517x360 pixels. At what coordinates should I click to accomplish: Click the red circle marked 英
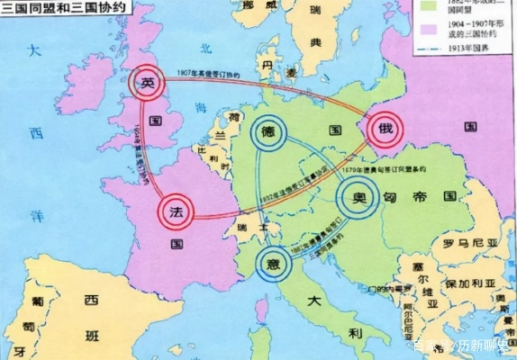click(x=148, y=84)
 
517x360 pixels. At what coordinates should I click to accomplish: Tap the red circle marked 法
click(x=177, y=213)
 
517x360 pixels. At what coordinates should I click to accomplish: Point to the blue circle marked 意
click(x=273, y=263)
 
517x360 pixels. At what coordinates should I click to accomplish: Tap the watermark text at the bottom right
click(x=460, y=347)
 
